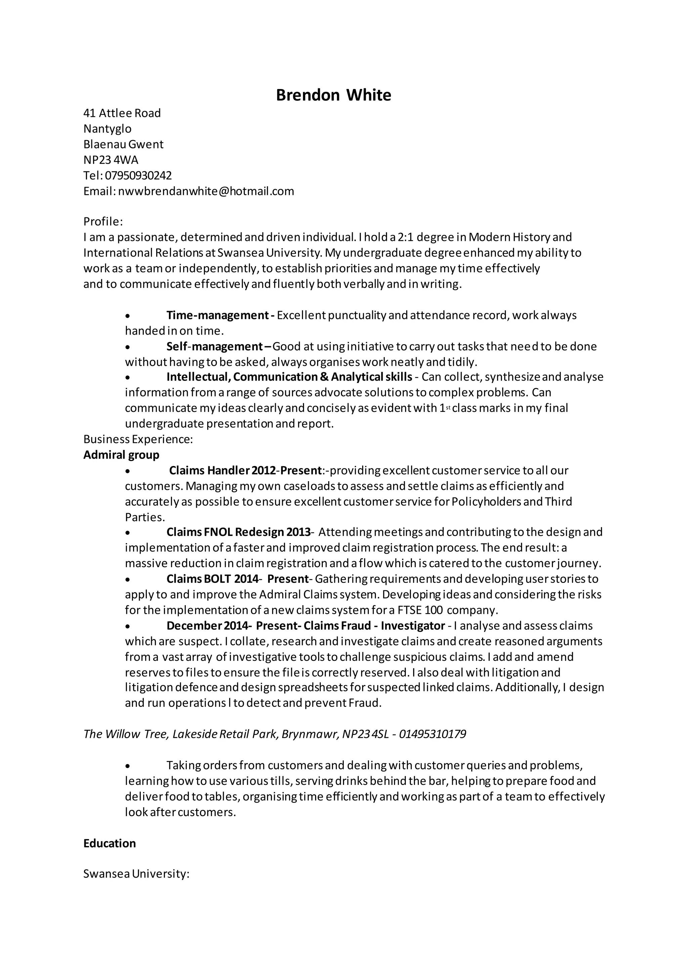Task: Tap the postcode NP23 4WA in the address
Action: point(111,160)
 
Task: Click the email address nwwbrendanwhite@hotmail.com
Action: point(206,191)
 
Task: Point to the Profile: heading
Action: point(103,222)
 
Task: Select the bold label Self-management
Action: point(215,347)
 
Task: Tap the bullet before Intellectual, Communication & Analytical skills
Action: point(128,378)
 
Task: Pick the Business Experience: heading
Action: point(138,439)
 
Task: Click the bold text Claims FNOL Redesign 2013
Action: point(239,532)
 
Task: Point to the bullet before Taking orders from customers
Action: point(128,766)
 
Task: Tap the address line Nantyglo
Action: point(107,129)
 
